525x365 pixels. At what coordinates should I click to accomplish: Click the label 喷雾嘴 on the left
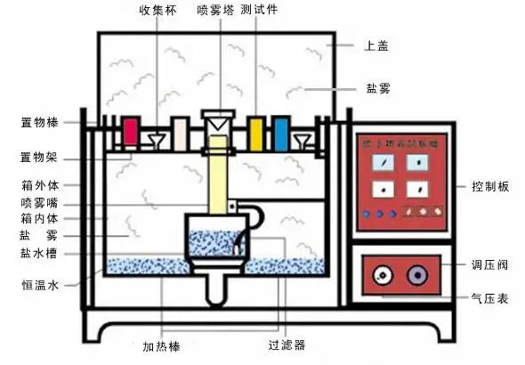pyautogui.click(x=41, y=203)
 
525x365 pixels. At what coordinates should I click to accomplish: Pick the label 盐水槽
pyautogui.click(x=41, y=253)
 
